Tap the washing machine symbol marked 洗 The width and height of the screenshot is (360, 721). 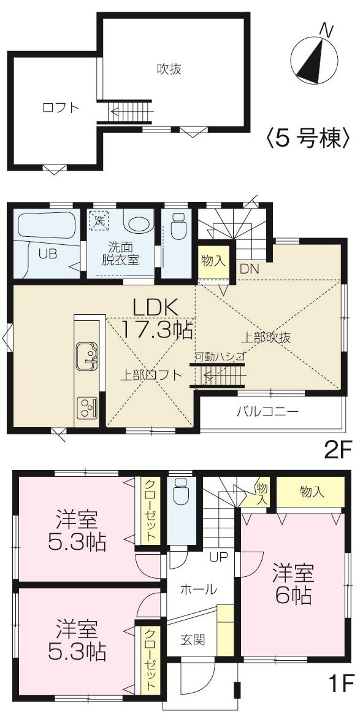point(98,218)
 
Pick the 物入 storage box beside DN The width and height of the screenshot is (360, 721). point(213,260)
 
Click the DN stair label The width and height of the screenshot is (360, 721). point(248,268)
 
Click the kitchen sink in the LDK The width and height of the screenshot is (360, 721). point(86,355)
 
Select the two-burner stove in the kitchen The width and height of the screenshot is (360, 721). point(86,407)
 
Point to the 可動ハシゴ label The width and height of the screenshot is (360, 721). point(220,356)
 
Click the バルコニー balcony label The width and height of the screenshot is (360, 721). point(268,411)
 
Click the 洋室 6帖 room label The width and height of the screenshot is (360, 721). point(293,585)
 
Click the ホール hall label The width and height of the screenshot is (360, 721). point(197,590)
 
